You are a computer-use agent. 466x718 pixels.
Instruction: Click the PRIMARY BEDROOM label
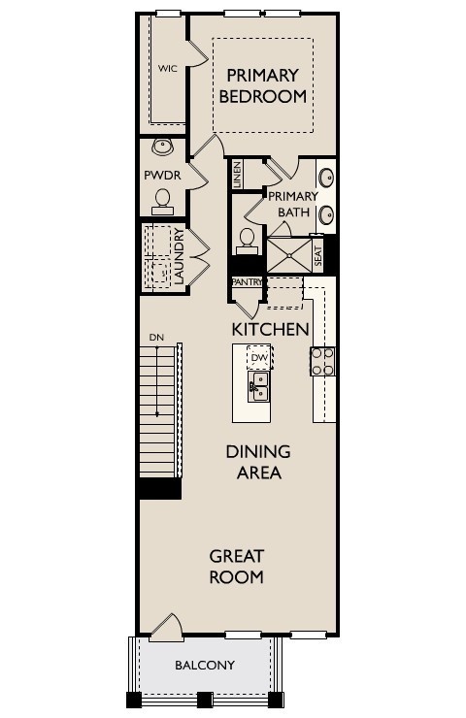tap(262, 85)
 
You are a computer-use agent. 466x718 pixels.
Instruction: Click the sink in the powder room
tap(162, 148)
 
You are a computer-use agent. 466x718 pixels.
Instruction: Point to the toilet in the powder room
tap(162, 201)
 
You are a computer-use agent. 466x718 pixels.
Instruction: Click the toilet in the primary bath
tap(246, 238)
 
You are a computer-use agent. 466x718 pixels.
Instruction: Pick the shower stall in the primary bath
tap(287, 255)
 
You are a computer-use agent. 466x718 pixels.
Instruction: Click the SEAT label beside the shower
tap(316, 255)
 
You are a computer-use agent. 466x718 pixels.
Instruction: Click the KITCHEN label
tap(270, 329)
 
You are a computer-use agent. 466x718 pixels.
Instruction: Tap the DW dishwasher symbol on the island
tap(258, 358)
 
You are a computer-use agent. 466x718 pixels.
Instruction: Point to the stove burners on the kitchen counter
tap(322, 362)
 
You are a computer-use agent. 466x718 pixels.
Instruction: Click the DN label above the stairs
tap(155, 338)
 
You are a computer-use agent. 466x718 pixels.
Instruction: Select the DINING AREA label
tap(257, 463)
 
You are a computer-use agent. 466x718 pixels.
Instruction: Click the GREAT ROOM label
tap(237, 567)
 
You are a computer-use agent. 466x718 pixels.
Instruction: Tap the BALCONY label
tap(204, 665)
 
